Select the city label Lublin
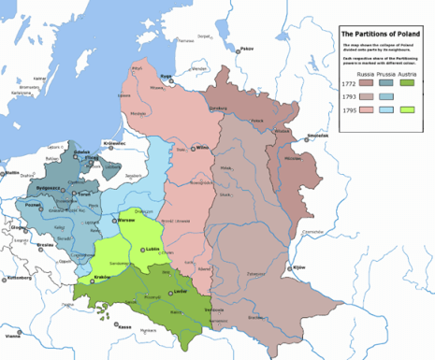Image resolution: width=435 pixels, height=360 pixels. tap(152, 249)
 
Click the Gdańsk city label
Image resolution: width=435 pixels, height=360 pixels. tap(82, 150)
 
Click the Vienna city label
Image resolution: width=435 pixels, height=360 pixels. tap(12, 334)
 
